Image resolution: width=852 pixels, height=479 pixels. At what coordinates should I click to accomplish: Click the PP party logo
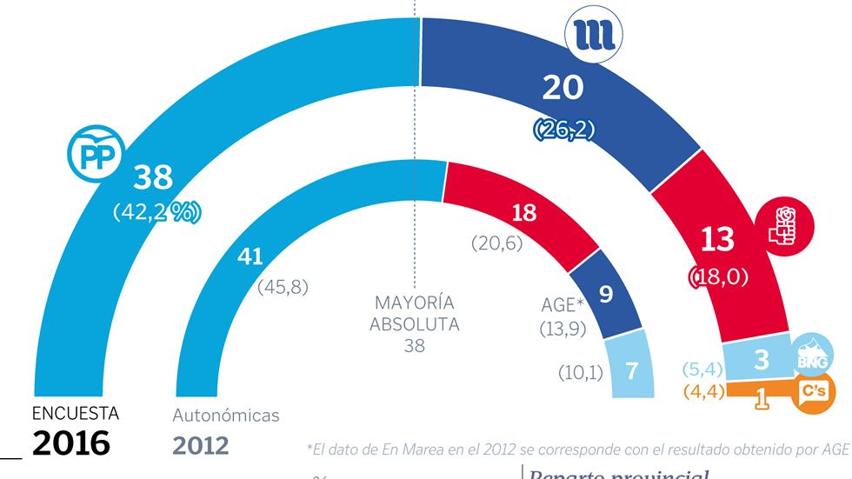tap(91, 156)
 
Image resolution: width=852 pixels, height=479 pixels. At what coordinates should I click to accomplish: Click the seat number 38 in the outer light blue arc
tap(153, 178)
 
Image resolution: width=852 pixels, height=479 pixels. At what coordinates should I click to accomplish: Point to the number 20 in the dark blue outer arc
tap(562, 88)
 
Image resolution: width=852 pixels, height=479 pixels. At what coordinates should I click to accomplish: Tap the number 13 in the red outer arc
tap(717, 238)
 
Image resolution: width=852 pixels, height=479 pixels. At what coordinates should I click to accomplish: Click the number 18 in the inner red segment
tap(523, 214)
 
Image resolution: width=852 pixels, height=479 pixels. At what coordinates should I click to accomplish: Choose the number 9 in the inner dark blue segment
tap(606, 294)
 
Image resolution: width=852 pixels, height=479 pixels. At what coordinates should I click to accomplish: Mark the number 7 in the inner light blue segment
tap(633, 371)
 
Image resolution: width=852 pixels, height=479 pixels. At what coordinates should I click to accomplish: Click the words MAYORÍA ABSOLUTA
tap(415, 314)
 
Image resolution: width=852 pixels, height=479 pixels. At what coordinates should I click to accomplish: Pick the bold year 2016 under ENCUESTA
tap(71, 444)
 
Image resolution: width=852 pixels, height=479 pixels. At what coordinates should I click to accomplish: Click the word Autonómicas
tap(226, 416)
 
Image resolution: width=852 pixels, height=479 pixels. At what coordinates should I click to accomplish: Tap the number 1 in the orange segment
tap(763, 398)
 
